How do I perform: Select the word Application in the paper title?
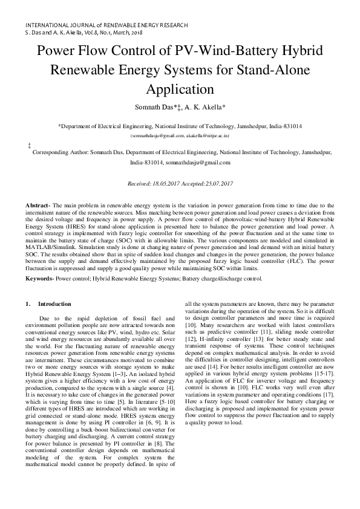click(x=180, y=89)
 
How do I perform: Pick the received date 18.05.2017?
click(x=166, y=183)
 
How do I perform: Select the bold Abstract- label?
click(x=38, y=207)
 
